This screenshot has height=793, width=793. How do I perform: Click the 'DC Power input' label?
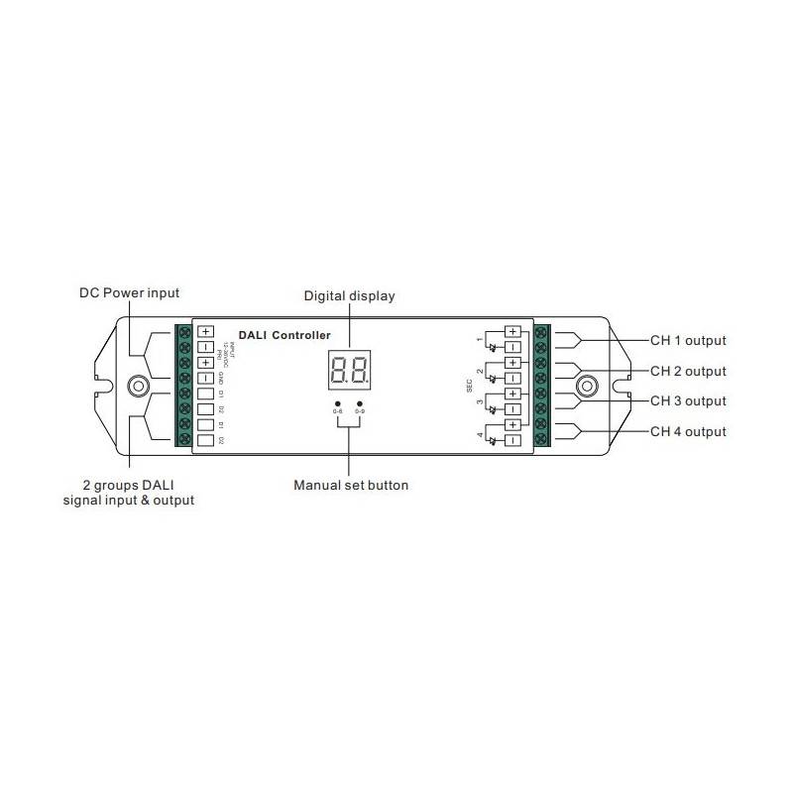coord(130,293)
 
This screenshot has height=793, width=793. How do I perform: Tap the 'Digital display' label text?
coord(349,295)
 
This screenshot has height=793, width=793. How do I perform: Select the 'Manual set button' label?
coord(350,486)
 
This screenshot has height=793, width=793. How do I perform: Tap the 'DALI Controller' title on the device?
coord(284,336)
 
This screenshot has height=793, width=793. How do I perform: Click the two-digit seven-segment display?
coord(350,370)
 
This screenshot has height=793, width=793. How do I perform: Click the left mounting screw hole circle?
coord(138,385)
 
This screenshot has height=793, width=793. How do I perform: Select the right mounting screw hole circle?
coord(587,385)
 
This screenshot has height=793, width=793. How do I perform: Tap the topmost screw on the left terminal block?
coord(184,332)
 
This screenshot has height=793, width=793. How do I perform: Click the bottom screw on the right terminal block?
coord(541,438)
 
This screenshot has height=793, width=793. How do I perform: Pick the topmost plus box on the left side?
coord(205,332)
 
